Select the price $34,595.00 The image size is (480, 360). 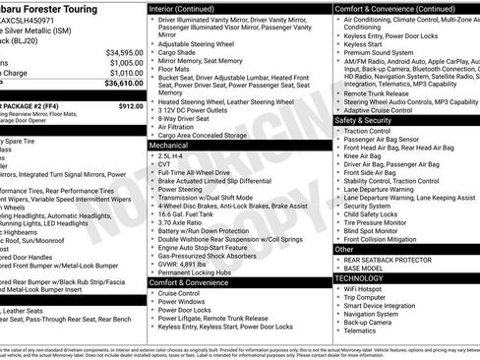[x=124, y=51]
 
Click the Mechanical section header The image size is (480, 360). [x=175, y=145]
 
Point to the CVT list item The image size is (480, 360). [x=164, y=164]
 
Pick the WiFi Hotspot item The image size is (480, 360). [x=367, y=289]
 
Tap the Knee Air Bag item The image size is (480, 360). [x=365, y=155]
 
